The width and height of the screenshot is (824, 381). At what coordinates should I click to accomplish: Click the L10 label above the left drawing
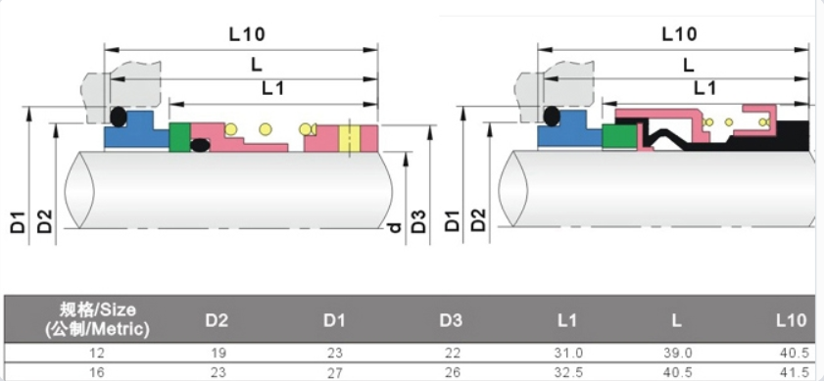247,34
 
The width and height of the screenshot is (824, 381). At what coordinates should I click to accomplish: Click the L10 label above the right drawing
679,34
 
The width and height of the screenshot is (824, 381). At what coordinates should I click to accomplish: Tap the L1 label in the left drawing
272,88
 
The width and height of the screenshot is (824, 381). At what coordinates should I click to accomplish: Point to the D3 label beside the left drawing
418,220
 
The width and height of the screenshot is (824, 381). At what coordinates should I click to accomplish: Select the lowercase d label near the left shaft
395,227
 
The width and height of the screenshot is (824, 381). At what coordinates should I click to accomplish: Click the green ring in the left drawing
179,138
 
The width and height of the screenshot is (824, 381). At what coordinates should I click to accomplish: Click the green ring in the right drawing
619,136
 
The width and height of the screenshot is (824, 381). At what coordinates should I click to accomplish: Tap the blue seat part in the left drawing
134,131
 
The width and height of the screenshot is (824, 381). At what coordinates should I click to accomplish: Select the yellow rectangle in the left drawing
349,139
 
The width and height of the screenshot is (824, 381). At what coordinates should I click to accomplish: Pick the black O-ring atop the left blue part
119,117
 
